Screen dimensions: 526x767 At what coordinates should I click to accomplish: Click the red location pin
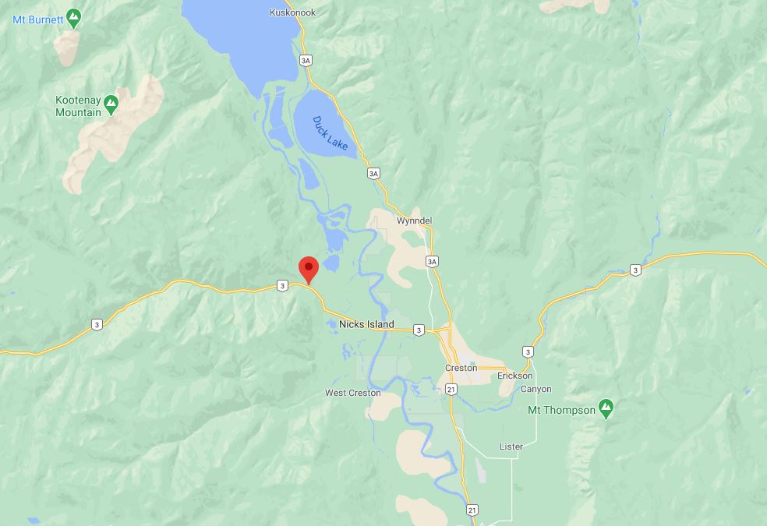(309, 270)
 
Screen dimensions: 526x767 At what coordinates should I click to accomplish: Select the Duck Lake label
(329, 133)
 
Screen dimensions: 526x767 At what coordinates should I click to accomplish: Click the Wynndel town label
(414, 221)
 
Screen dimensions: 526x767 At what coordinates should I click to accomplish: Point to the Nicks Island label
(366, 324)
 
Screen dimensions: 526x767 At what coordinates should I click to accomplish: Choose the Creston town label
(461, 368)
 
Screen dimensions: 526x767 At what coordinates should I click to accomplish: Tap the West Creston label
(353, 393)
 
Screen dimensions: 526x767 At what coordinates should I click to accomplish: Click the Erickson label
(515, 376)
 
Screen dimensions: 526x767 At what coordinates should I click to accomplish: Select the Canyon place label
(535, 389)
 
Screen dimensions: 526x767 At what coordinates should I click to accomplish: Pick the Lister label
(511, 447)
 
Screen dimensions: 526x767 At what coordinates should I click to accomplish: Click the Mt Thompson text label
(561, 410)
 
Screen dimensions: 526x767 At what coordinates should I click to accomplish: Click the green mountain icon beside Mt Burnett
(74, 16)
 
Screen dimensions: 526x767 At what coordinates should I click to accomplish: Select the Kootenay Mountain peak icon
(111, 102)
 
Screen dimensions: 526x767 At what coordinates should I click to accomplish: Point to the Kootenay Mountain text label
(78, 106)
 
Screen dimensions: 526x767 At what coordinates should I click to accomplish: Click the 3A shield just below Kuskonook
(306, 60)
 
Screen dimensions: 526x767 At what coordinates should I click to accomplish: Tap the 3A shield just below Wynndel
(432, 261)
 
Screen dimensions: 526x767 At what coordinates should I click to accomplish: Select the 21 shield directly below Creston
(451, 388)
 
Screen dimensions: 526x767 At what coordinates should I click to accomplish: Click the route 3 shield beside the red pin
(282, 286)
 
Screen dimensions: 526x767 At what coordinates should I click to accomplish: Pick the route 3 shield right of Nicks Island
(419, 330)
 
